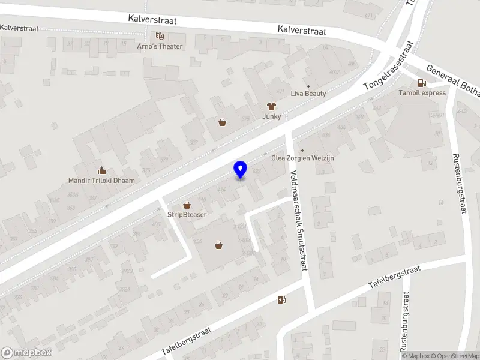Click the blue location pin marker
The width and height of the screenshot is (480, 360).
coord(240,169)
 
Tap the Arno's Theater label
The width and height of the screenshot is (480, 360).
coord(159,46)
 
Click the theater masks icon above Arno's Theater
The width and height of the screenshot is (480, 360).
coord(159,36)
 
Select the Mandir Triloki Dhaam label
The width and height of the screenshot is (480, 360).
coord(101,180)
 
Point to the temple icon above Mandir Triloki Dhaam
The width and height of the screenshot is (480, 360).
coord(101,170)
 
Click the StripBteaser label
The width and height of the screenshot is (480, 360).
coord(187,215)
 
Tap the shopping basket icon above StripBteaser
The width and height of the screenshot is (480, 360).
coord(187,205)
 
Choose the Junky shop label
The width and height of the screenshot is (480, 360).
coord(271,116)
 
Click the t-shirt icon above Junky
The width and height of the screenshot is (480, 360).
coord(271,106)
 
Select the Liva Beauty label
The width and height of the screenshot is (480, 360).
coord(308,94)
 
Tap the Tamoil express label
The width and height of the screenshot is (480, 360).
coord(422,93)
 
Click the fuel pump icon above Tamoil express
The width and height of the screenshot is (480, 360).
coord(422,83)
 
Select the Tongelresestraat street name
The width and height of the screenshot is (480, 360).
coord(389,66)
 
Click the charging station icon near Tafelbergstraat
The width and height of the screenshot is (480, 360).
coord(280,300)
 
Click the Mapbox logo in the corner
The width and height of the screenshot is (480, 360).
coord(26,353)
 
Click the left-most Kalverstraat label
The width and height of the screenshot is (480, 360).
coord(20,28)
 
